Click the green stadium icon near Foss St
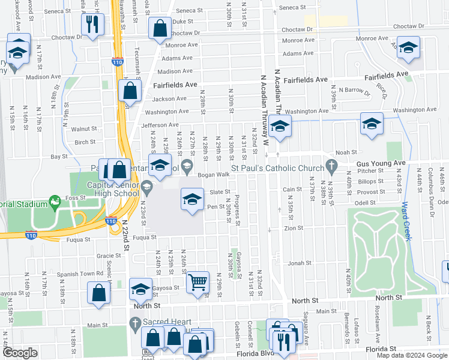(x=55, y=199)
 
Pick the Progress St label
(x=238, y=210)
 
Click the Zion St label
(x=294, y=229)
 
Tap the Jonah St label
(x=298, y=263)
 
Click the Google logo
(x=19, y=353)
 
